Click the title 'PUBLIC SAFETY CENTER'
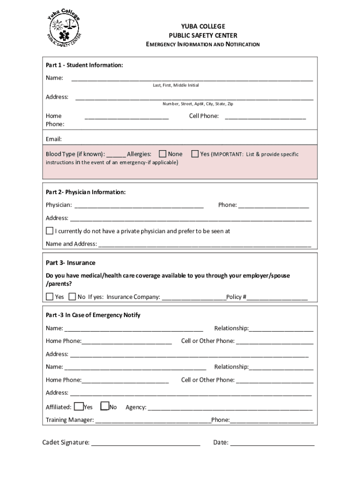pos(203,36)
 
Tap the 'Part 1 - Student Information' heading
pos(84,65)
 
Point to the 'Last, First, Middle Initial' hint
pos(175,85)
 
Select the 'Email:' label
pos(54,139)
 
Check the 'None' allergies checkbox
pos(163,154)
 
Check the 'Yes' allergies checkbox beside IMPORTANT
pos(195,154)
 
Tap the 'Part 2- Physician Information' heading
pos(86,192)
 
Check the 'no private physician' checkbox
pos(50,231)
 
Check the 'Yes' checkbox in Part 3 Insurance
pos(50,297)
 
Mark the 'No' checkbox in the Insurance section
pos(72,297)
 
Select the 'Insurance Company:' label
pos(133,297)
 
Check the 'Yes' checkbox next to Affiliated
pos(79,406)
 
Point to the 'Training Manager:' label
pos(70,420)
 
